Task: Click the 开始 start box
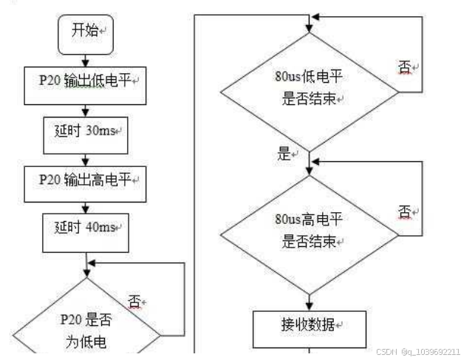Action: click(x=86, y=32)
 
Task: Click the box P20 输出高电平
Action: click(x=86, y=180)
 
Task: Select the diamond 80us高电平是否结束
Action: click(x=309, y=230)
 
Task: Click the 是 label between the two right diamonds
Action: click(x=285, y=154)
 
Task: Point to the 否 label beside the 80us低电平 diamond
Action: click(x=406, y=68)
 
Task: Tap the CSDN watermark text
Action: click(x=419, y=352)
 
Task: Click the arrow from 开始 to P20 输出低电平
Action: click(x=86, y=59)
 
